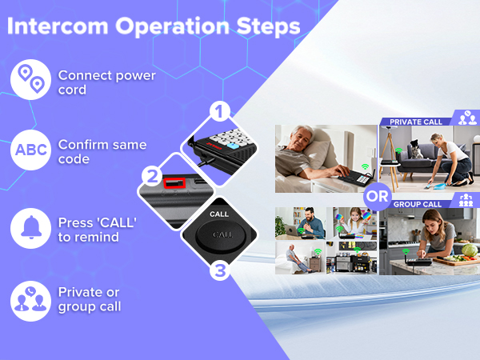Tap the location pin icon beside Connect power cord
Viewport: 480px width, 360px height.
30,81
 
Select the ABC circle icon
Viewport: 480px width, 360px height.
30,151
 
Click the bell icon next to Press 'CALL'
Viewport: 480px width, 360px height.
30,227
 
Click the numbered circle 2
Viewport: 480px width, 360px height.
151,175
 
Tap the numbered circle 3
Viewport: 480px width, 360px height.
220,270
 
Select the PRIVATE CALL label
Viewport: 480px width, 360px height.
416,122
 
